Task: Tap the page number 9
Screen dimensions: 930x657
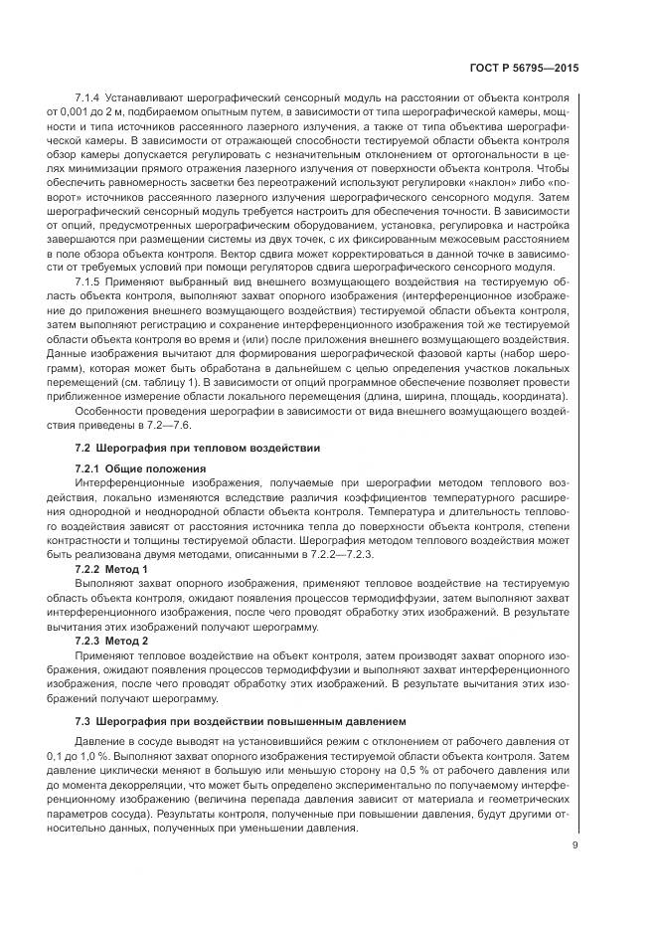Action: (x=575, y=847)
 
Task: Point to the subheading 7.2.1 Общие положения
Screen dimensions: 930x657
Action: (x=141, y=467)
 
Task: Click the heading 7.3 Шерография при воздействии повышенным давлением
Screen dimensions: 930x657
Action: (x=226, y=719)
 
